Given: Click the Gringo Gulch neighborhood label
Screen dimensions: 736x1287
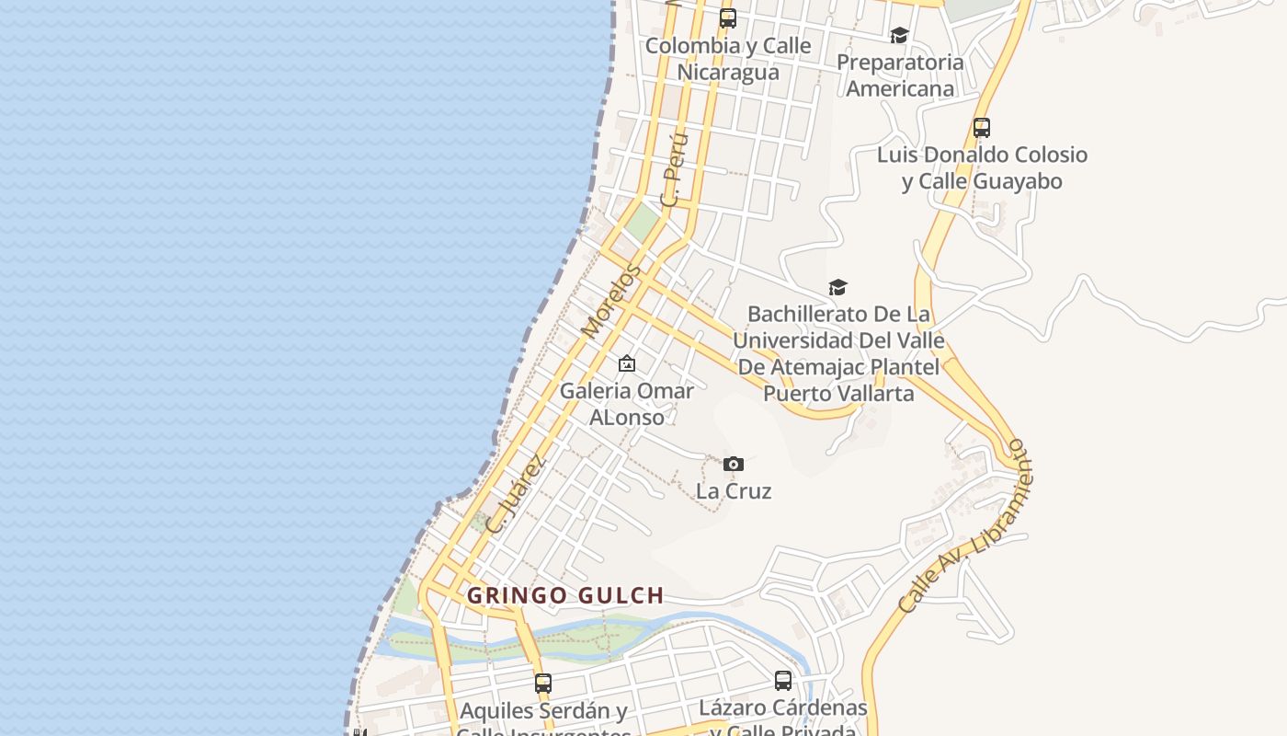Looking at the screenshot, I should tap(565, 595).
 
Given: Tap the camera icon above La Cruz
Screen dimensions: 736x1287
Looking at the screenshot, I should tap(733, 464).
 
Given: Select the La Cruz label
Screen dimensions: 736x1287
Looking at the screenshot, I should tap(734, 490).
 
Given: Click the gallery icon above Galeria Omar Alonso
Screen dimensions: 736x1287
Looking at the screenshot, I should tap(627, 363).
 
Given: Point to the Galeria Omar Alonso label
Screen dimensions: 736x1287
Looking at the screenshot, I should tap(627, 404).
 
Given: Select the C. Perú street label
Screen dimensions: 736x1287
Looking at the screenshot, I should tap(675, 169).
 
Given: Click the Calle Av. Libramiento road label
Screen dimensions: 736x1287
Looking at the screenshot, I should tap(962, 525).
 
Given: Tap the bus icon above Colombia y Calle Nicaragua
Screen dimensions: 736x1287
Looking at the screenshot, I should tap(728, 17).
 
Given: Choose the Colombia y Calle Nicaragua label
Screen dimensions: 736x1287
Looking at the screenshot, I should tap(728, 58).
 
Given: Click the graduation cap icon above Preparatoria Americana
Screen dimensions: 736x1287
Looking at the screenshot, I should tap(899, 35).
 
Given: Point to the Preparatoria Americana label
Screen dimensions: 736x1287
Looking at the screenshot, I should tap(900, 75).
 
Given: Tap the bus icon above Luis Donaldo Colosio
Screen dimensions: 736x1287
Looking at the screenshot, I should tap(982, 128).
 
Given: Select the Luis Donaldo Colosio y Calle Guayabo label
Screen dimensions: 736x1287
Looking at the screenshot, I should tap(982, 167).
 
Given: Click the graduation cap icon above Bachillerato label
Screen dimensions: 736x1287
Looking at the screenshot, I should tap(837, 288).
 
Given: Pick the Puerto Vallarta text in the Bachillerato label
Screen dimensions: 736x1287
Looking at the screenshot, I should tap(838, 394).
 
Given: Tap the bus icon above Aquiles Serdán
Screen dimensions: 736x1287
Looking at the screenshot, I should tap(543, 684).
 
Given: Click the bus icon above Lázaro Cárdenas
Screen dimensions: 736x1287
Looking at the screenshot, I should tap(783, 681).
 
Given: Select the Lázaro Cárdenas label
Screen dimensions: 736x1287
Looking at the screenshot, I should tap(783, 707).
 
